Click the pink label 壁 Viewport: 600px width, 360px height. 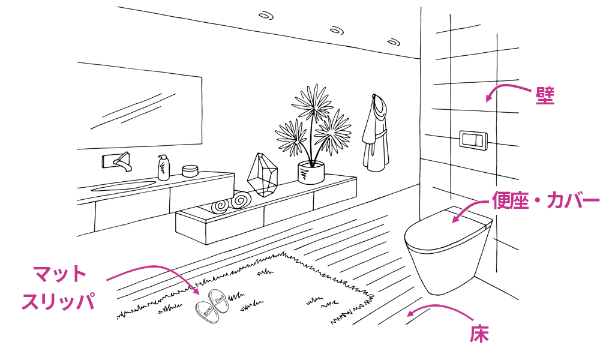pyautogui.click(x=545, y=95)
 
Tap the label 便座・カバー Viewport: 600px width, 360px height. pyautogui.click(x=545, y=200)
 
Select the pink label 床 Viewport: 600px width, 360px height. pyautogui.click(x=479, y=334)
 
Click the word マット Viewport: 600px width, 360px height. pyautogui.click(x=59, y=274)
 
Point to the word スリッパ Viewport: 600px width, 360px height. pyautogui.click(x=58, y=301)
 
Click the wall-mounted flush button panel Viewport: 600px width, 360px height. pyautogui.click(x=473, y=140)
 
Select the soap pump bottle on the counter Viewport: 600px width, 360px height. pyautogui.click(x=164, y=167)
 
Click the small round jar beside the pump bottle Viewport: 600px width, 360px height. pyautogui.click(x=190, y=170)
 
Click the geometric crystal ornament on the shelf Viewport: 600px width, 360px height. pyautogui.click(x=262, y=175)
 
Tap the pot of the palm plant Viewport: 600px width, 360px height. pyautogui.click(x=311, y=173)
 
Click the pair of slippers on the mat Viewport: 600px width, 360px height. pyautogui.click(x=212, y=307)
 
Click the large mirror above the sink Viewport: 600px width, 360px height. pyautogui.click(x=139, y=106)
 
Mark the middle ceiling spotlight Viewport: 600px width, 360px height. pyautogui.click(x=337, y=30)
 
